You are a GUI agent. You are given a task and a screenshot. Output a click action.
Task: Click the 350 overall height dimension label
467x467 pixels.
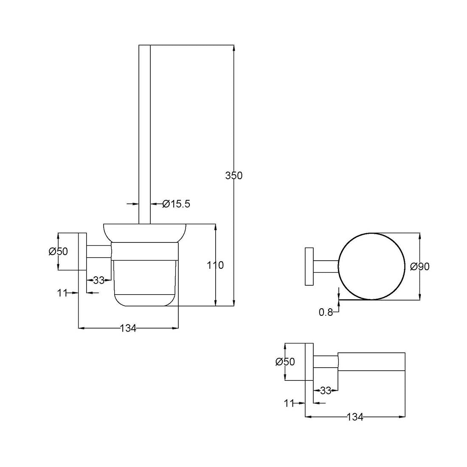click(234, 175)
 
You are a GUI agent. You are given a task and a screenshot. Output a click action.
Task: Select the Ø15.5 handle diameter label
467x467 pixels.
click(176, 204)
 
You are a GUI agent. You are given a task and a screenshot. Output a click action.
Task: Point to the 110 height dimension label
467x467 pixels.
click(215, 265)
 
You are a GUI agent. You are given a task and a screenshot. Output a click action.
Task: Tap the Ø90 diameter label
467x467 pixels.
click(419, 266)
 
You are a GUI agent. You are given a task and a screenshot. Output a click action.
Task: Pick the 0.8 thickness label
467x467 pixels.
click(326, 312)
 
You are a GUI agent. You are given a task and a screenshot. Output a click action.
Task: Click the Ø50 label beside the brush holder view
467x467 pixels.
click(59, 251)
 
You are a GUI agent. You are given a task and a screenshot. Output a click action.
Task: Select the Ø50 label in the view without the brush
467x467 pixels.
click(285, 362)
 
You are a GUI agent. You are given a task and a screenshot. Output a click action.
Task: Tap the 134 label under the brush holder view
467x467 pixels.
click(128, 328)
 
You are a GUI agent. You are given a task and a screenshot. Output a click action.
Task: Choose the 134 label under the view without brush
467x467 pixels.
click(355, 417)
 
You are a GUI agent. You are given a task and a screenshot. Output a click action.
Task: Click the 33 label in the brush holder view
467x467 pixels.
click(98, 280)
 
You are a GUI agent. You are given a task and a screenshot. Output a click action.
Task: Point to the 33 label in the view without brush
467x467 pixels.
click(326, 391)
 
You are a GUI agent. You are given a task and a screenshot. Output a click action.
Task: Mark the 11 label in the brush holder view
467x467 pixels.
click(62, 293)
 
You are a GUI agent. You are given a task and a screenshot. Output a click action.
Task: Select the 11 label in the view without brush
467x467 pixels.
click(289, 403)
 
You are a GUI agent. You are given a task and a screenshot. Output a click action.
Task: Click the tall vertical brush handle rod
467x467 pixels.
click(144, 134)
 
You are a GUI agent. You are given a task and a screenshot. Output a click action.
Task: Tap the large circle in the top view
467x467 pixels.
click(372, 266)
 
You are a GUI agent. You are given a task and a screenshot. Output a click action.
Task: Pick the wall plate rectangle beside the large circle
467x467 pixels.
click(309, 266)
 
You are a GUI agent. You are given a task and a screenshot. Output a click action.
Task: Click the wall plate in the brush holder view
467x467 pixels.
click(82, 251)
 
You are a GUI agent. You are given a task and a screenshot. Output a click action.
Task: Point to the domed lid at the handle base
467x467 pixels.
click(144, 233)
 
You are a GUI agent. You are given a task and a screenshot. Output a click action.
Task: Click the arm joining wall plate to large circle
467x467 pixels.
click(326, 266)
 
